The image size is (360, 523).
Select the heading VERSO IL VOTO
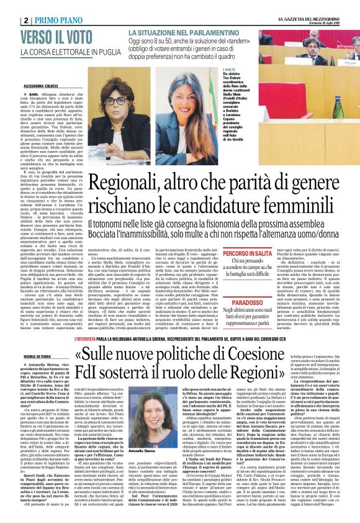pyautogui.click(x=55, y=37)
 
